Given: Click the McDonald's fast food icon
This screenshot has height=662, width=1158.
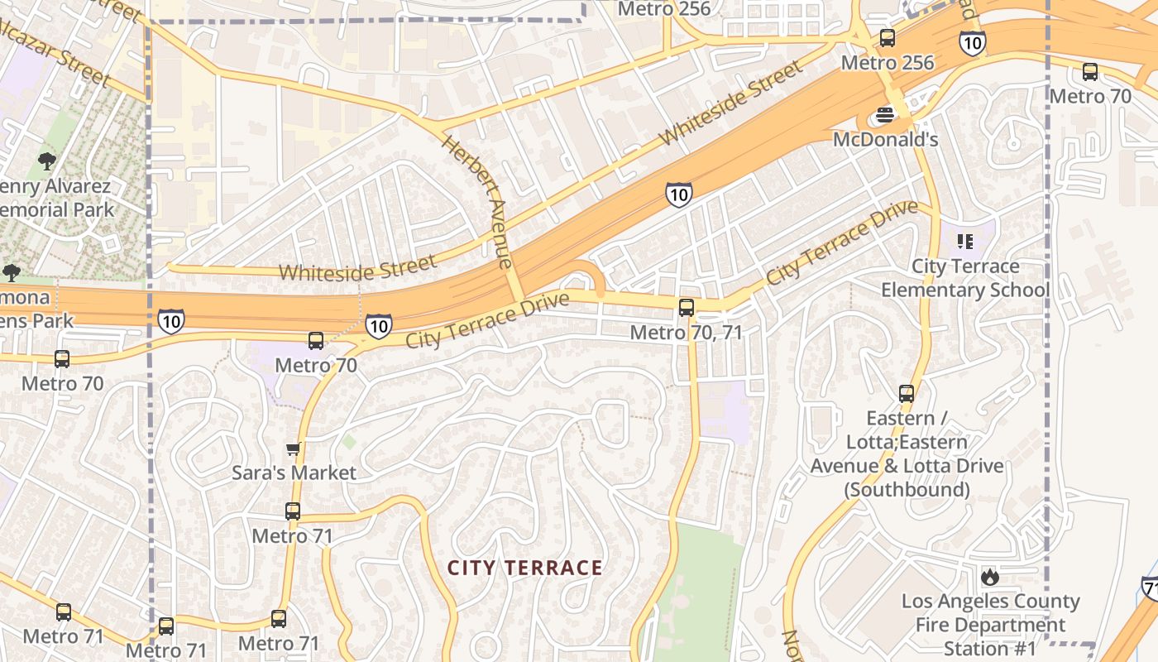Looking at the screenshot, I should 885,115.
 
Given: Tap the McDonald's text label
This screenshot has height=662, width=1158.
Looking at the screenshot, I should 885,139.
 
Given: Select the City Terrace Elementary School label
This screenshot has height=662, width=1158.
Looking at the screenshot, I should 964,278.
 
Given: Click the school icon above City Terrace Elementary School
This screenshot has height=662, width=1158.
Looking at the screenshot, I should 964,242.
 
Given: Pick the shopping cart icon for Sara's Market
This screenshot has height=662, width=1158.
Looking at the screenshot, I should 293,449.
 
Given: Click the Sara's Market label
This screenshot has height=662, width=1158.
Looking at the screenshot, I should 294,473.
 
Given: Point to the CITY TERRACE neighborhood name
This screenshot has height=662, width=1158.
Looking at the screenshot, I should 525,568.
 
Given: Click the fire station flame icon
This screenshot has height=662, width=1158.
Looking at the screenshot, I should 990,577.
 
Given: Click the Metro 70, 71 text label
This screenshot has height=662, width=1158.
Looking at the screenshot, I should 686,332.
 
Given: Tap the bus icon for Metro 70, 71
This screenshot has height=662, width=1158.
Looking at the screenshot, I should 686,308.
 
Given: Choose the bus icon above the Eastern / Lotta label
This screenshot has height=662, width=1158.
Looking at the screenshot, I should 907,393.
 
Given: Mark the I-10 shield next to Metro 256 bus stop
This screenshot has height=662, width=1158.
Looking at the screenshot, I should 972,42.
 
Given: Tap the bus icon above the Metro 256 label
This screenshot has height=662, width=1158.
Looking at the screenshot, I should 888,38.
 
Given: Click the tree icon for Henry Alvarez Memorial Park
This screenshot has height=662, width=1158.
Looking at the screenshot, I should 47,161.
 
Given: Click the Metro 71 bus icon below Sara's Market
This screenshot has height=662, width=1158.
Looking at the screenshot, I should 293,511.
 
